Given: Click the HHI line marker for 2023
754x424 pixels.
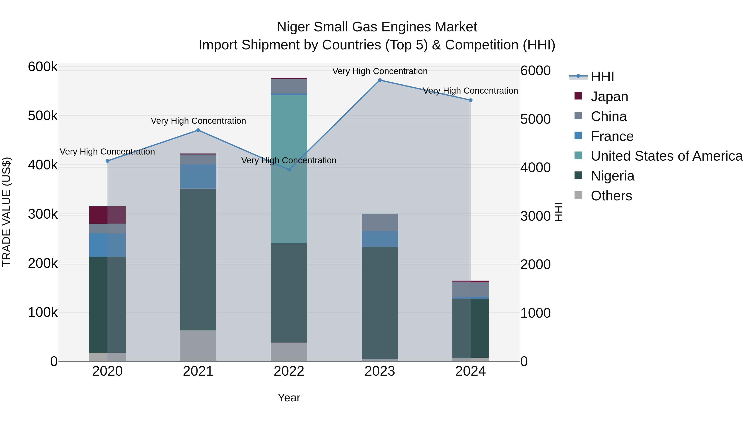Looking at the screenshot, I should point(380,80).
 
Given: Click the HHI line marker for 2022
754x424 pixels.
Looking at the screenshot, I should point(289,169).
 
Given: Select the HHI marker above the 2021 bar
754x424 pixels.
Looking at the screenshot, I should point(198,130).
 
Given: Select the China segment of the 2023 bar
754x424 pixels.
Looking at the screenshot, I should point(380,222).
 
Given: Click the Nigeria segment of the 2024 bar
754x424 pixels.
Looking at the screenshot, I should point(470,328).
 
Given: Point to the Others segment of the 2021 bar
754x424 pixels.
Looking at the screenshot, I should point(198,345).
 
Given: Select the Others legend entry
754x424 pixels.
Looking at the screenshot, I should point(611,196).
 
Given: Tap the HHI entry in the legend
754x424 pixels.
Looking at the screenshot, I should point(602,77).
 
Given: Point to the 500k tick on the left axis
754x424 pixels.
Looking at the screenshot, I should point(43,116).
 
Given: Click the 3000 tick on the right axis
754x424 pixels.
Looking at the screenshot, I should point(535,216).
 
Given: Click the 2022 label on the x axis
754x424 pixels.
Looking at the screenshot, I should point(289,371).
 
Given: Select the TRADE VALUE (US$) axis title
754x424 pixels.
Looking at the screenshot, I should point(6,212).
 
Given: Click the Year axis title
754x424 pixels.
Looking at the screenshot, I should point(289,398).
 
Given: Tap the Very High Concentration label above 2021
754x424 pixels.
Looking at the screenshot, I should point(198,121).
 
